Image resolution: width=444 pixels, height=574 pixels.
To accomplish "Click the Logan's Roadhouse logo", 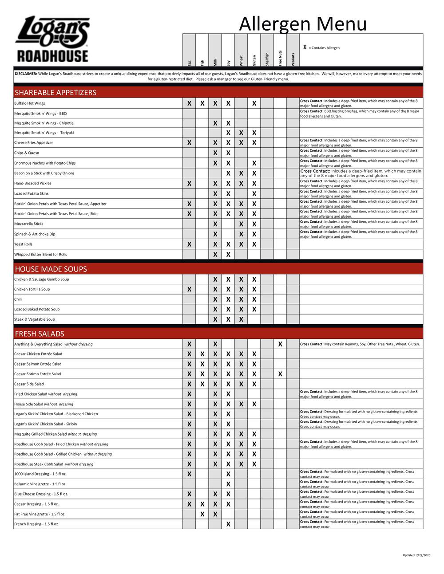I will [x=52, y=39].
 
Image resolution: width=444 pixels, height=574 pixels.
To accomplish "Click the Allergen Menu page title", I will [x=303, y=24].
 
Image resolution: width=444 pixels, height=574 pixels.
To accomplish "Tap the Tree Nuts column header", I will [x=280, y=58].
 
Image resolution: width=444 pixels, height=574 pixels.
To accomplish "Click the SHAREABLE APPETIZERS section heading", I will [x=55, y=92].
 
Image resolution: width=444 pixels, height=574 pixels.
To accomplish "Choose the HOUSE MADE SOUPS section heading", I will [x=51, y=269].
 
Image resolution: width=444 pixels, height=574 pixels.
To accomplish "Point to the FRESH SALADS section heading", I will [x=40, y=334].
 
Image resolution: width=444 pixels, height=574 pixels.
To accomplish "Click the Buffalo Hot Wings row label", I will [x=30, y=103].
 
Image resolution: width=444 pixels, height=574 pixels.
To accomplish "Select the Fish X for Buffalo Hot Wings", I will [x=202, y=103].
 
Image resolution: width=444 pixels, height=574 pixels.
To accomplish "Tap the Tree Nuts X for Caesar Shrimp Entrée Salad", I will [x=280, y=374].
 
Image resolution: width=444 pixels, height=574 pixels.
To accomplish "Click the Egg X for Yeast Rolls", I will [x=189, y=244].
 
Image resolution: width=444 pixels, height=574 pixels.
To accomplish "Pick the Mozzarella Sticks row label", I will [x=29, y=224].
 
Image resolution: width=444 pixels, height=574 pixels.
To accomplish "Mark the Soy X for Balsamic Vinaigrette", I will [x=228, y=484].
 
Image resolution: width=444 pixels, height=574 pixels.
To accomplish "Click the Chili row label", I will [x=18, y=299].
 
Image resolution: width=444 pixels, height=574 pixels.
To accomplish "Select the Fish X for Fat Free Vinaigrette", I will [x=202, y=514].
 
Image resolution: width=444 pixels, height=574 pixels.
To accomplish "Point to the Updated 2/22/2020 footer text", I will [x=416, y=555].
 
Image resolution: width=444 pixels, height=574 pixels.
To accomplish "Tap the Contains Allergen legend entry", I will [x=324, y=48].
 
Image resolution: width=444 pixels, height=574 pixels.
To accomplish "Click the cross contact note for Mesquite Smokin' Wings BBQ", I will [x=360, y=114].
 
